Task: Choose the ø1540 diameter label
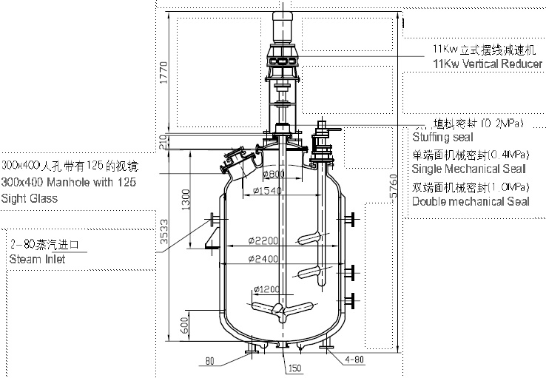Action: [264, 192]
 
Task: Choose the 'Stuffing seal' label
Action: [442, 137]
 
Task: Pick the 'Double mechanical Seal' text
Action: [471, 201]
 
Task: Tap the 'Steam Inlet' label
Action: [37, 259]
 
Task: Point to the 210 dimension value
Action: [164, 138]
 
